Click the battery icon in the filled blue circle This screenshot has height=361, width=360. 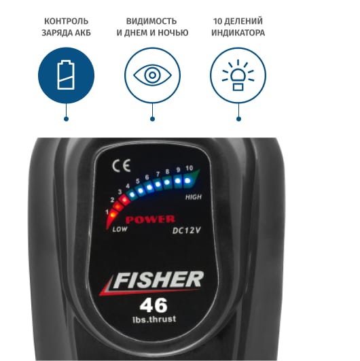(x=66, y=75)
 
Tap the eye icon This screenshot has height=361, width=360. (x=153, y=75)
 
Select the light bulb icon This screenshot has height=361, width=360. (x=238, y=75)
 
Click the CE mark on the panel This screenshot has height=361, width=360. (x=122, y=165)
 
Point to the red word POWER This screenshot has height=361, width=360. (x=150, y=220)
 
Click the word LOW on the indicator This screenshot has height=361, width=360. (x=120, y=229)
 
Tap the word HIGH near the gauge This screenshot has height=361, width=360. (x=194, y=197)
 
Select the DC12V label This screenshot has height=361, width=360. (x=187, y=230)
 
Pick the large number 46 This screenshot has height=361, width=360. (x=154, y=305)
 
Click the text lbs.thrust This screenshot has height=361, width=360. (x=154, y=320)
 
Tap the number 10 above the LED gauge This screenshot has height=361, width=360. (x=189, y=169)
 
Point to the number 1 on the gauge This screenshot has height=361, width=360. (x=107, y=212)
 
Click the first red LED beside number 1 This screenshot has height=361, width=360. (x=113, y=216)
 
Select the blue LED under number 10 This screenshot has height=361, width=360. (x=187, y=181)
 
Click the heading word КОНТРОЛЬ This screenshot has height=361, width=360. (x=67, y=21)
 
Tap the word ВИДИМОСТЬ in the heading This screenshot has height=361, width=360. (x=151, y=21)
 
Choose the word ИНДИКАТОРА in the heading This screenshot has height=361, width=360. (x=238, y=33)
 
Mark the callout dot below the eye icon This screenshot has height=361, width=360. (x=152, y=119)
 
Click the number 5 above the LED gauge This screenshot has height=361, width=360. (x=138, y=182)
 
